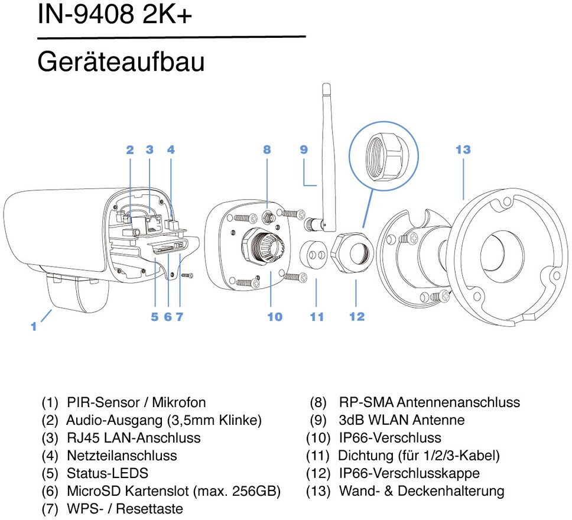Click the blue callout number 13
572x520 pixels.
[463, 149]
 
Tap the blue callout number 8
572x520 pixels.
[267, 149]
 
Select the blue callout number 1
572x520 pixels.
[34, 326]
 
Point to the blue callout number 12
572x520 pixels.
[357, 316]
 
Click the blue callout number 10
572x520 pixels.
[275, 317]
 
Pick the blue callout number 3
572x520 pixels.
[149, 149]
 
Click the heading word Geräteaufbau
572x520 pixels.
[121, 62]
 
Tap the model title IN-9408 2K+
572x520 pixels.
[115, 15]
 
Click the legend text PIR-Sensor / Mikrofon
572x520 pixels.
[136, 402]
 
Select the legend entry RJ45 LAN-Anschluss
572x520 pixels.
[134, 438]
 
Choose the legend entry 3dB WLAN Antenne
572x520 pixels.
[402, 420]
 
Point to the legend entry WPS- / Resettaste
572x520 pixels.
[125, 509]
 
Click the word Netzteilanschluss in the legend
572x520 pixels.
[122, 456]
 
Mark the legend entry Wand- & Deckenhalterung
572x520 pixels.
[422, 491]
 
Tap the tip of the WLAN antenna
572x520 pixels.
[326, 84]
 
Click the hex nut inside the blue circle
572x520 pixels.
[383, 156]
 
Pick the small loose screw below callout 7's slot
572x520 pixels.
[186, 275]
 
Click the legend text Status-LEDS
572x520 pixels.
[108, 473]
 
